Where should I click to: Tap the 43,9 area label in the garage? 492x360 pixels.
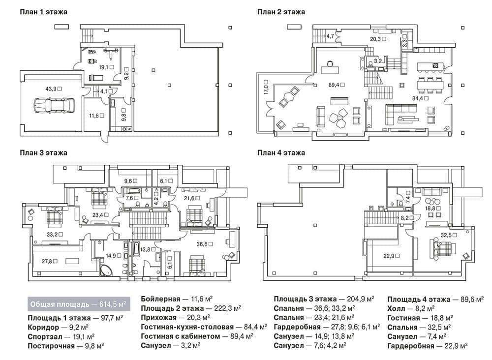53,89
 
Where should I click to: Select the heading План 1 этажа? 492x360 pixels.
43,12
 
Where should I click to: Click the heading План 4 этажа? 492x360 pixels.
281,153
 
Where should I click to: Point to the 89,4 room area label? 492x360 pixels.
337,85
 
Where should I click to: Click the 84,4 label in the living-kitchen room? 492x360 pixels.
420,98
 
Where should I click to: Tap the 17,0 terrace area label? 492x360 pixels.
266,87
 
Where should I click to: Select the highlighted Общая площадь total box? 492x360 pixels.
79,304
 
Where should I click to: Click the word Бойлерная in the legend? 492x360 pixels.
160,299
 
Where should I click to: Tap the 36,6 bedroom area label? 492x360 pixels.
205,244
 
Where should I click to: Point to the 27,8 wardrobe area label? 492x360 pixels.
49,261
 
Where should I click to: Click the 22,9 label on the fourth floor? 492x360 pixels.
391,256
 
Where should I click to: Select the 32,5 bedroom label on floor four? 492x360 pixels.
449,235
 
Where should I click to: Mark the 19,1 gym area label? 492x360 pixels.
106,67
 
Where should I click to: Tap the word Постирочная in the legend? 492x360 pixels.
51,346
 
